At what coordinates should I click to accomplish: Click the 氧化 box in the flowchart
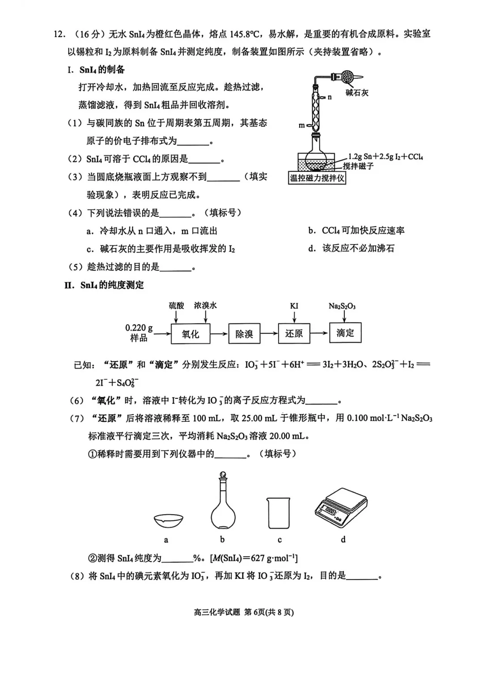click(x=191, y=334)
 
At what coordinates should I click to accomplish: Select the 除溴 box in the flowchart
click(x=244, y=334)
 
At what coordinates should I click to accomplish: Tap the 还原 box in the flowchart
click(x=294, y=333)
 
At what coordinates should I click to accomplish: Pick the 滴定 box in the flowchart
click(x=345, y=333)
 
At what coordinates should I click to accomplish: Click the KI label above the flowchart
click(x=294, y=306)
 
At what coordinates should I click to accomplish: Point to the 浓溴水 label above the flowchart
click(x=205, y=305)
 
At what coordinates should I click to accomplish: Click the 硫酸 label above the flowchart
click(x=176, y=305)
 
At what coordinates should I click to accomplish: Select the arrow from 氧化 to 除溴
click(x=219, y=334)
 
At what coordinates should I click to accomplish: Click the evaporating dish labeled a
click(x=168, y=520)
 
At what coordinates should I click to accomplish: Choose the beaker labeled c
click(x=278, y=513)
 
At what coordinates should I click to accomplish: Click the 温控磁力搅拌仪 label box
click(x=317, y=178)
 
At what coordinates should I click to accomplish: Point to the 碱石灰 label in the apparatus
click(x=357, y=93)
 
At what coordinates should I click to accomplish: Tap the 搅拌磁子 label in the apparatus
click(x=358, y=166)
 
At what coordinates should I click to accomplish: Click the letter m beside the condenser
click(x=301, y=125)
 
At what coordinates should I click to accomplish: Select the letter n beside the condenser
click(x=330, y=97)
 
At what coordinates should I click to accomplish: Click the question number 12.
click(x=59, y=34)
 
